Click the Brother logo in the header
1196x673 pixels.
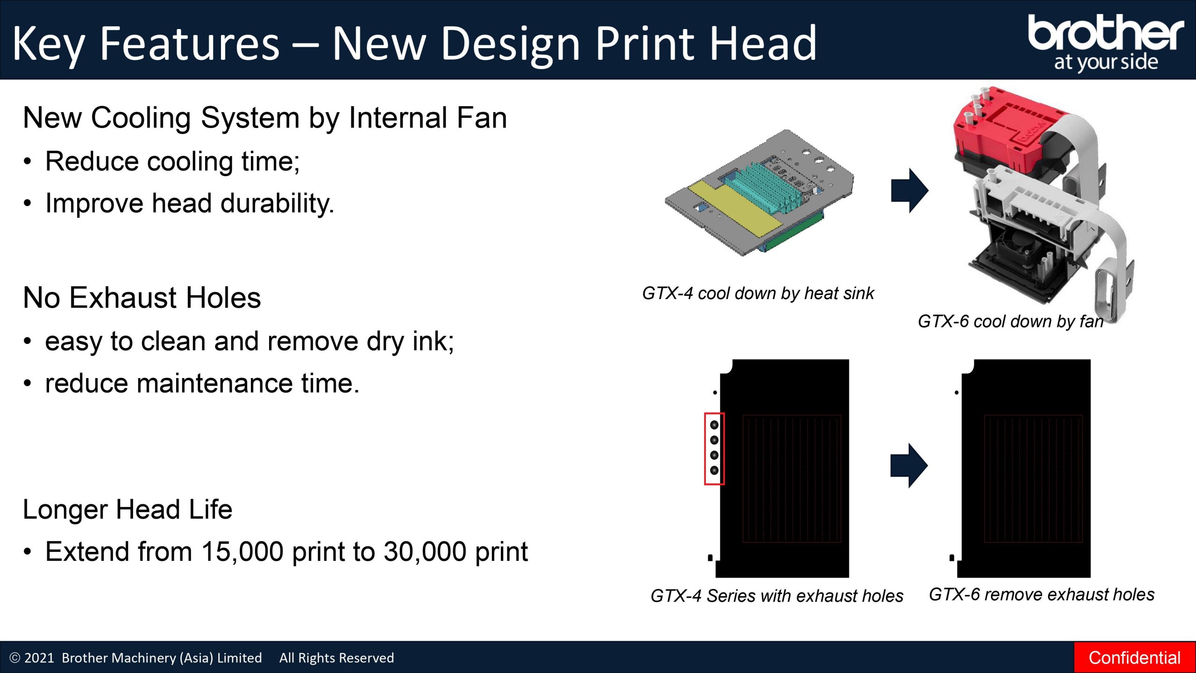coord(1106,42)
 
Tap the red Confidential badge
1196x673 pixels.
coord(1135,658)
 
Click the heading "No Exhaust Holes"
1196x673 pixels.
coord(142,298)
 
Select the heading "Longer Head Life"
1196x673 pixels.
coord(128,509)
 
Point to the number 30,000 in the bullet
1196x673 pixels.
coord(424,552)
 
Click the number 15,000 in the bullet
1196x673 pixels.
coord(242,552)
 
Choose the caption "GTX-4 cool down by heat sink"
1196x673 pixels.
coord(758,294)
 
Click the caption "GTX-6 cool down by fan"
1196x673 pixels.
coord(1011,322)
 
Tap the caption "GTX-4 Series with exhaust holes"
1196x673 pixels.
coord(777,596)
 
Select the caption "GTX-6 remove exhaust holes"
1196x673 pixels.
coord(1042,594)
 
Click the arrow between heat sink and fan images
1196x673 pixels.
coord(910,190)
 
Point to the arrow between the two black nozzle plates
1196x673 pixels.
coord(909,465)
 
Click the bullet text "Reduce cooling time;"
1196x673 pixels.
coord(172,162)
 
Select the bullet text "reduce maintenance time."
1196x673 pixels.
coord(202,383)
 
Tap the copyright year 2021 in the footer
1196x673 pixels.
coord(39,658)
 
